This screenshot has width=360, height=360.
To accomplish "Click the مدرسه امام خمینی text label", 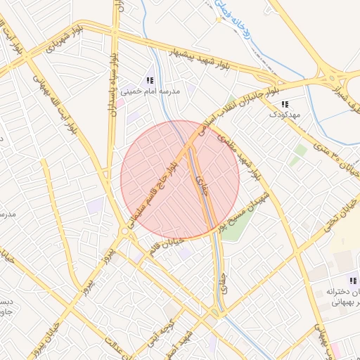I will [150, 91].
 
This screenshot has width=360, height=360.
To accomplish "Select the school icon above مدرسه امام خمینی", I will [149, 80].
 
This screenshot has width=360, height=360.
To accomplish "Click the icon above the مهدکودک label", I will [284, 103].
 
